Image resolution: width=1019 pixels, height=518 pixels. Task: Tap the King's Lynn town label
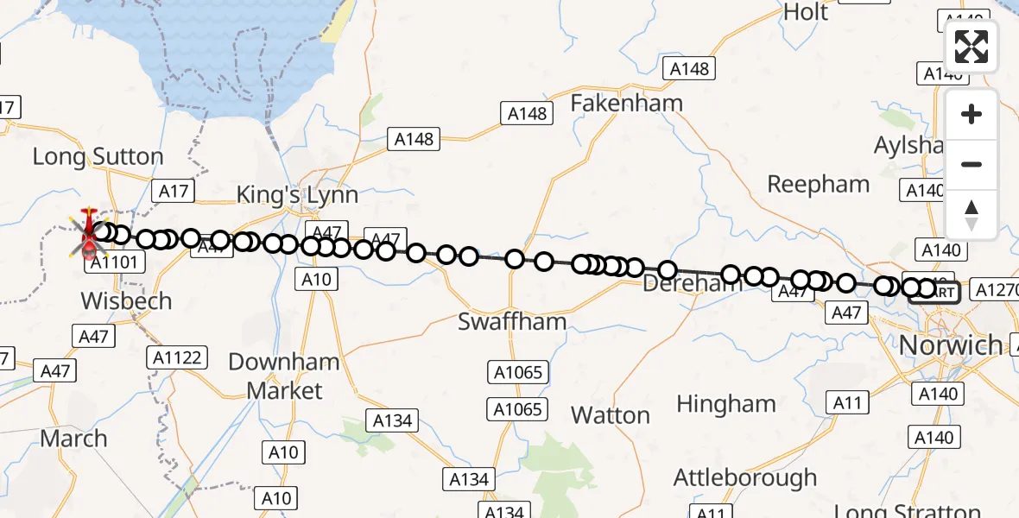pos(297,195)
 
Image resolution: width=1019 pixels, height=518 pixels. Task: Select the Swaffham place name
pos(512,322)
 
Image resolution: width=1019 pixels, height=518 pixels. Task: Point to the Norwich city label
pos(951,345)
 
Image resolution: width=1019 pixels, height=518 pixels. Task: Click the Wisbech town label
pos(126,301)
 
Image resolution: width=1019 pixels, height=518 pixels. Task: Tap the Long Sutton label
pos(98,157)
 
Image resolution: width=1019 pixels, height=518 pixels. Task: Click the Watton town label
pos(611,415)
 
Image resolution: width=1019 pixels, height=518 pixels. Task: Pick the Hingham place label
pos(726,404)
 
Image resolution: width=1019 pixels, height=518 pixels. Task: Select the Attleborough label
pos(745,477)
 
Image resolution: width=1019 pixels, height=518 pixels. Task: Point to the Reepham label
pos(819,184)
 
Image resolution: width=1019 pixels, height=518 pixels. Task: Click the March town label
pos(73,439)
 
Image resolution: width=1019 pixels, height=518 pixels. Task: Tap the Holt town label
pos(805,12)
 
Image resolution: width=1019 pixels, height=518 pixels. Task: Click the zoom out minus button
pos(972,165)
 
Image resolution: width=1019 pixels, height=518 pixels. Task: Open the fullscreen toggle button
pos(972,47)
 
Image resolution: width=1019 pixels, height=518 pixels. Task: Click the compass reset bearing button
pos(972,215)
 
